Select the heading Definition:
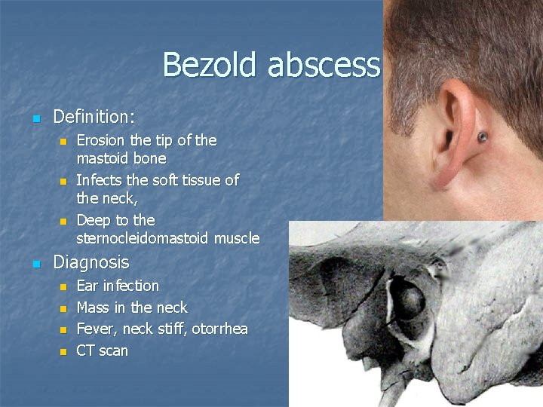point(94,117)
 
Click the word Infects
point(100,180)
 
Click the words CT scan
point(103,350)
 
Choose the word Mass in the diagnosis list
point(93,308)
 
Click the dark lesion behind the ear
point(482,137)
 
